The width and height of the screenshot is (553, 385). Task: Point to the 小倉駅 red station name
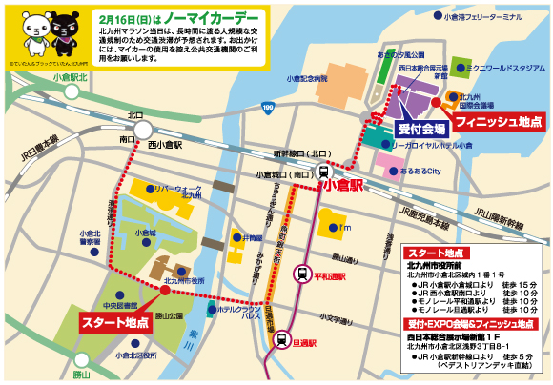pos(344,187)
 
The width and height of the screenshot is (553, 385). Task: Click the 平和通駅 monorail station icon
pos(303,274)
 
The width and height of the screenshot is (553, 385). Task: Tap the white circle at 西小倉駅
pos(142,130)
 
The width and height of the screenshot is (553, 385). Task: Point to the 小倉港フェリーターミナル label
pos(489,17)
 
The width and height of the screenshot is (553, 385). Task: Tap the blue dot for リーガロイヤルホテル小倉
pos(386,144)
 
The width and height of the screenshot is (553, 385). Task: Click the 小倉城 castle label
pos(146,232)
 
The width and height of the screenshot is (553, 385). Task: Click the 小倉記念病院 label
pos(307,79)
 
